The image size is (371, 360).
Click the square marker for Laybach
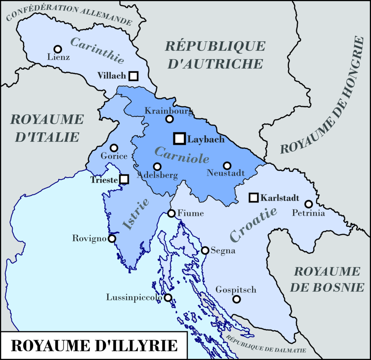click(179, 139)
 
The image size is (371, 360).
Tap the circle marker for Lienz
click(58, 49)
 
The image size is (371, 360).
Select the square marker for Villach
click(133, 76)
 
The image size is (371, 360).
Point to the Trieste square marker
click(124, 179)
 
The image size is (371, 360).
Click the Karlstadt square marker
click(254, 198)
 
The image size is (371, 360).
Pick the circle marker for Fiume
click(172, 213)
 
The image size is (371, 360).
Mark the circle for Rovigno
click(111, 238)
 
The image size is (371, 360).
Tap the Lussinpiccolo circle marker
click(168, 297)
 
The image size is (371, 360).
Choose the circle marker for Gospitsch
click(236, 299)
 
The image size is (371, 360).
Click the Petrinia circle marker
click(308, 204)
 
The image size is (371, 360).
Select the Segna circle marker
click(205, 250)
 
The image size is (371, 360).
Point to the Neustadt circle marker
click(227, 165)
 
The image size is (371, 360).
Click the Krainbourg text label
click(169, 111)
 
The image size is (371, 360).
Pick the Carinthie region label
click(97, 50)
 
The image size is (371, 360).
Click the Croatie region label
click(254, 224)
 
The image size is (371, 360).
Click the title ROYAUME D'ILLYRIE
click(94, 346)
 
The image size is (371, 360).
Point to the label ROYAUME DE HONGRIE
click(323, 96)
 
